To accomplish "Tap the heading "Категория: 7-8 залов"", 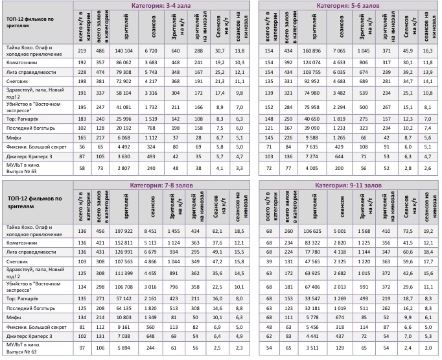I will pos(162,186).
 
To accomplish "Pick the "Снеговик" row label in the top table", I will pos(16,82).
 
